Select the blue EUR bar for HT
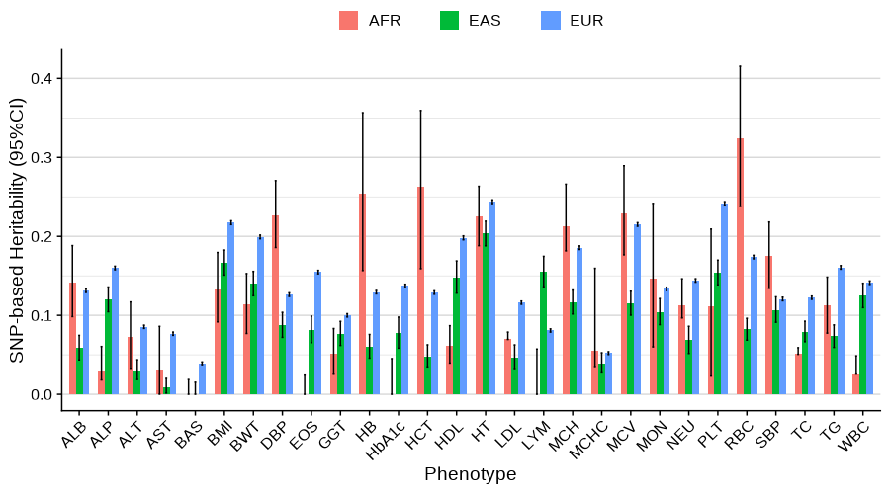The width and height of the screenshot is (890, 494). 491,297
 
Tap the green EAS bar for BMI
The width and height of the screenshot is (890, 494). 224,329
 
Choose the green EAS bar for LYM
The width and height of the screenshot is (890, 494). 543,333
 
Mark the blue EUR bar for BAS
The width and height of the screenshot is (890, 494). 202,379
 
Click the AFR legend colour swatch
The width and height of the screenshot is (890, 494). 348,21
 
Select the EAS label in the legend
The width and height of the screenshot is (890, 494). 485,21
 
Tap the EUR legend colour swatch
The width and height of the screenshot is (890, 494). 550,21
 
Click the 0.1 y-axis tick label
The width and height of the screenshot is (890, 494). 40,315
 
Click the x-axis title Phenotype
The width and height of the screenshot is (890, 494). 470,474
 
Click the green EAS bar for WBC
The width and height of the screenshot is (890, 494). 862,345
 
